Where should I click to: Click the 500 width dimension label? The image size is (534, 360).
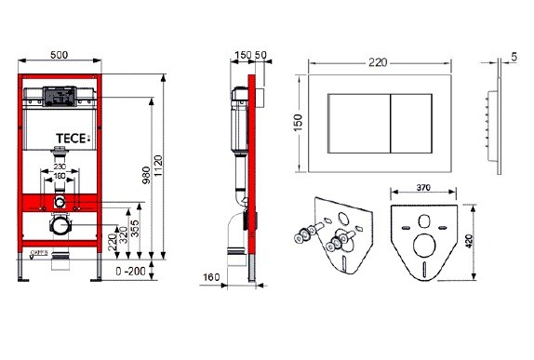click(60, 55)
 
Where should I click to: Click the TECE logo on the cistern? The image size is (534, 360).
click(73, 139)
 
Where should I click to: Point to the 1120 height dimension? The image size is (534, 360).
click(158, 166)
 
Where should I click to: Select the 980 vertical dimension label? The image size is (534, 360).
click(146, 175)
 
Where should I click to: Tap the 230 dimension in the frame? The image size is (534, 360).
click(60, 167)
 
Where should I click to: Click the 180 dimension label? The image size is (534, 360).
click(60, 176)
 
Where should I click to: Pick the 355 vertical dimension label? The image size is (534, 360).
click(135, 229)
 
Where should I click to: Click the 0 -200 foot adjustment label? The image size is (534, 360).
click(130, 272)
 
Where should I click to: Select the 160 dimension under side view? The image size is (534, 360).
click(211, 277)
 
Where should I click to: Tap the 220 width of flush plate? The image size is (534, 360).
click(378, 62)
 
